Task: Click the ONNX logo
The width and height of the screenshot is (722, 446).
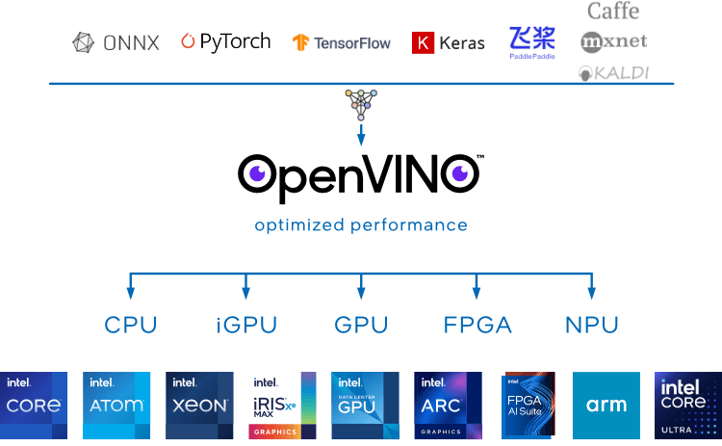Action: [116, 42]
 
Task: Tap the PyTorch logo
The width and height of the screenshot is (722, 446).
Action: [226, 41]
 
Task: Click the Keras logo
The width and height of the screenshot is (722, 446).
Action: [449, 42]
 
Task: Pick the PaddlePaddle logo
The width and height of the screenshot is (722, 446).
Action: [532, 42]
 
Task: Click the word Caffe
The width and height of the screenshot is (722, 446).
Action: [613, 11]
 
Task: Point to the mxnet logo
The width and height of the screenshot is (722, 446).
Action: [614, 41]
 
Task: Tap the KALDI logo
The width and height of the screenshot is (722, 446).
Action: [613, 72]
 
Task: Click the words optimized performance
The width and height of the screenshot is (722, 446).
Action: [361, 225]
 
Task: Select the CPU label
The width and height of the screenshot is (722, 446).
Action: [131, 326]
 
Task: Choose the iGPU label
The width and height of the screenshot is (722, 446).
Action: [246, 326]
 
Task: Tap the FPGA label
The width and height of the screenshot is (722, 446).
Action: [477, 326]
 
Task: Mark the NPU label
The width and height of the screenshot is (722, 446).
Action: [592, 326]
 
